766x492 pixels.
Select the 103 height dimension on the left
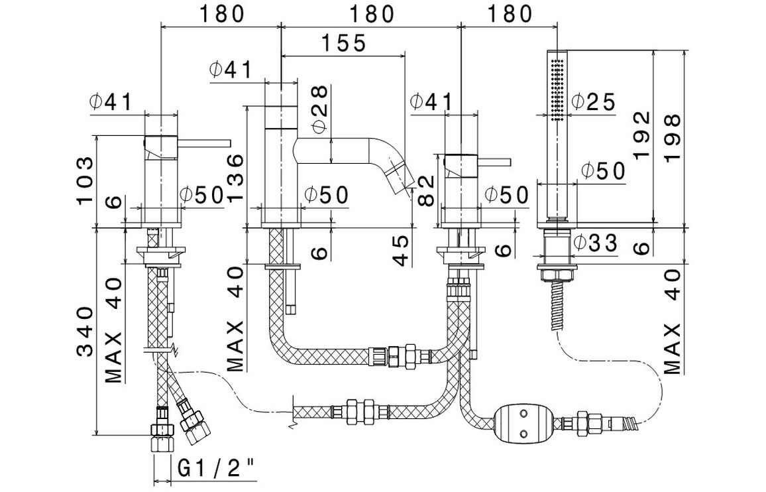click(85, 181)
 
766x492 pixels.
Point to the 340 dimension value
click(85, 332)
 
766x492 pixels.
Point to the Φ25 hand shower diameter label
click(593, 101)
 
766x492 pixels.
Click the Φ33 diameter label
click(594, 243)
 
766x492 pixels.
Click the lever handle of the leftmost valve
click(205, 142)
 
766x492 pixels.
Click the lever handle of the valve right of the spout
click(494, 162)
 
